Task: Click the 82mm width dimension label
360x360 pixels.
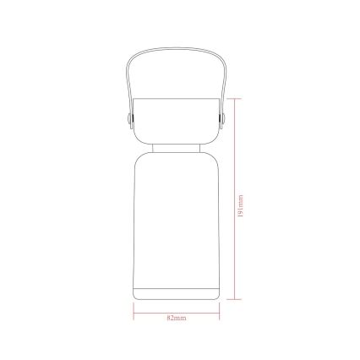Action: (177, 318)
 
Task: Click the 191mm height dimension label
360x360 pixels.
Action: (240, 206)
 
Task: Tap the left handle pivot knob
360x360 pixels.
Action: (129, 118)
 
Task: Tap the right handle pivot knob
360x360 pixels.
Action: (223, 118)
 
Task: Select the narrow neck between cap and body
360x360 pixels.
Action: (177, 148)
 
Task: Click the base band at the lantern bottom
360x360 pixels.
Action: (176, 294)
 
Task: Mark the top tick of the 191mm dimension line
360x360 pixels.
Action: (234, 99)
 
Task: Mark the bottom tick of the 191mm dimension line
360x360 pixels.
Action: (234, 299)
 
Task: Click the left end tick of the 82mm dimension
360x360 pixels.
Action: (134, 312)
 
